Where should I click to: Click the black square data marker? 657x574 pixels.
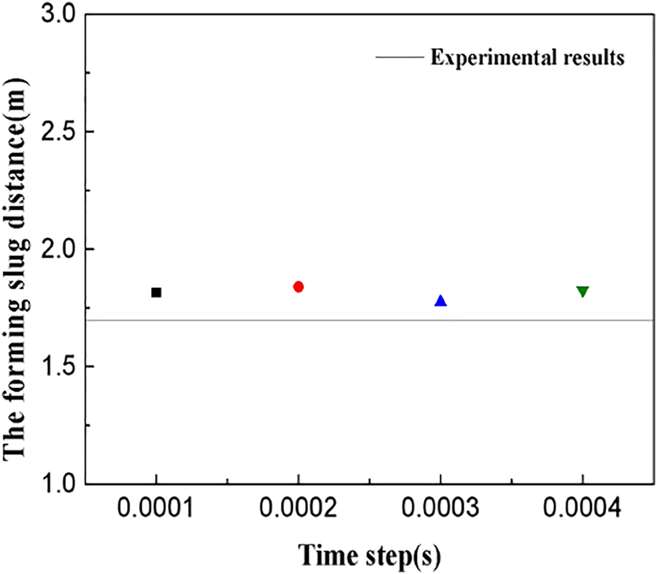click(156, 292)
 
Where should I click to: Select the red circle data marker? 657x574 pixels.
click(298, 286)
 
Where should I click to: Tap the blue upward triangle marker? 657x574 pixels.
click(440, 301)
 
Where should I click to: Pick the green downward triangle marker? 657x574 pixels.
click(582, 292)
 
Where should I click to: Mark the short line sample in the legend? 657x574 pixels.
click(399, 58)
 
